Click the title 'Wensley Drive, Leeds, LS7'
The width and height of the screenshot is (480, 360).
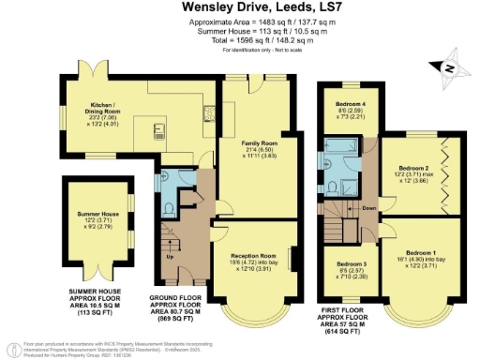[x=240, y=7]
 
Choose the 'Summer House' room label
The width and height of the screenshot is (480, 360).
[x=97, y=215]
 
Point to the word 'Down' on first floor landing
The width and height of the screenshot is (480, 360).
[x=370, y=208]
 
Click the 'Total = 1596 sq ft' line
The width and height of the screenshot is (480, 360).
[x=240, y=38]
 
